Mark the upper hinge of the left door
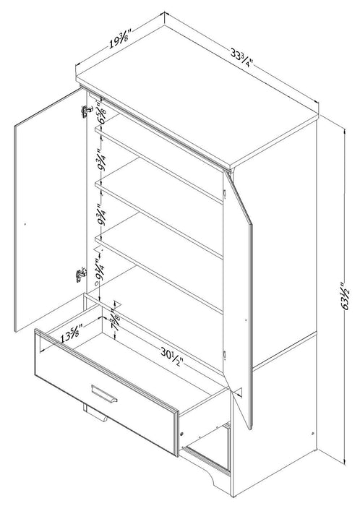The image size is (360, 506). (85, 111)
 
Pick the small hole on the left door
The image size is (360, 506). (25, 224)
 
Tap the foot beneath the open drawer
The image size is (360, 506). (94, 415)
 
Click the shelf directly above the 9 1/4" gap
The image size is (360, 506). (159, 242)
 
